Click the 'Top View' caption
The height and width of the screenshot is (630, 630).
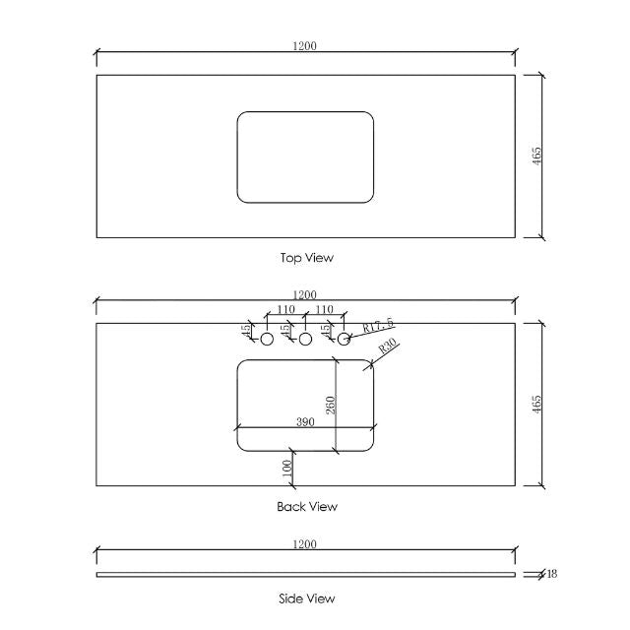(307, 258)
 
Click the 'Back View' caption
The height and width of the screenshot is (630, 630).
(307, 507)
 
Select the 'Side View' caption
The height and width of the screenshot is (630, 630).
(307, 598)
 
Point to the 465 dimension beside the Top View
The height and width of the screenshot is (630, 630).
(536, 156)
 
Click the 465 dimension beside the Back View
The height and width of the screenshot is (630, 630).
(536, 405)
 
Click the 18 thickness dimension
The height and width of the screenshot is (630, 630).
(551, 574)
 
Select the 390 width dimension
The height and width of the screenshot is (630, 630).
(307, 421)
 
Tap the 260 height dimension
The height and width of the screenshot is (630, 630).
(331, 405)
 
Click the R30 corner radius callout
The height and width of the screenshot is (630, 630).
(386, 347)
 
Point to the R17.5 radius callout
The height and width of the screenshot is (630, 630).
(378, 325)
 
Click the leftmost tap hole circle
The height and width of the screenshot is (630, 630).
(266, 339)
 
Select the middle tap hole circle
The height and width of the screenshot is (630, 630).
(305, 339)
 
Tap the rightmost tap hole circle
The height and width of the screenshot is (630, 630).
(344, 339)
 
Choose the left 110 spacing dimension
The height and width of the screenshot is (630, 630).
(285, 310)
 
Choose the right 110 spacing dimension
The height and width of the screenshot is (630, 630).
(324, 310)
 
